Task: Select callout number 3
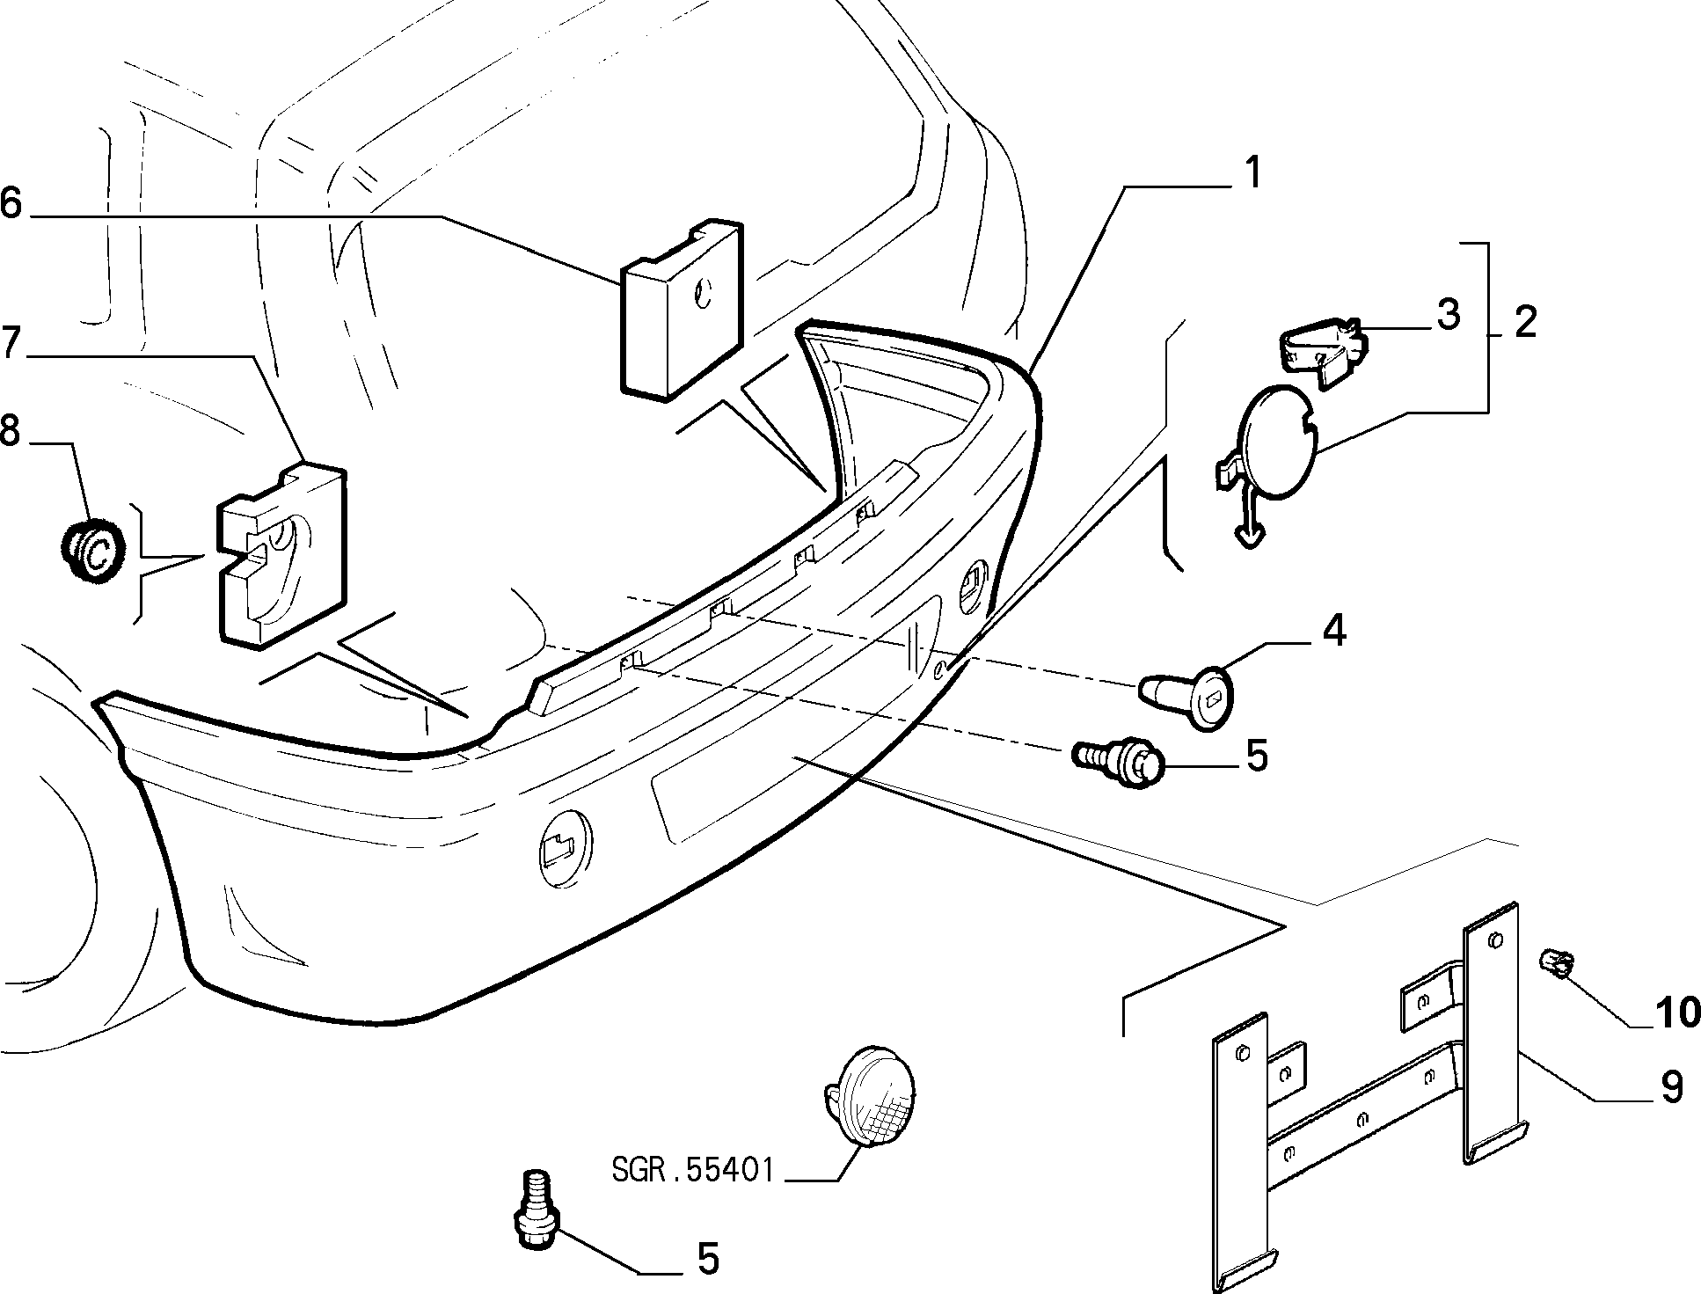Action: pyautogui.click(x=1448, y=315)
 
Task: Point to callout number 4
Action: pyautogui.click(x=1334, y=631)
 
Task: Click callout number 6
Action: pyautogui.click(x=11, y=202)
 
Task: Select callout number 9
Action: pyautogui.click(x=1668, y=1086)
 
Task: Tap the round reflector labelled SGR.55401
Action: pyautogui.click(x=870, y=1093)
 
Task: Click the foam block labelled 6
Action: pyautogui.click(x=683, y=307)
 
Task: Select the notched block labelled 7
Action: pyautogui.click(x=281, y=555)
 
